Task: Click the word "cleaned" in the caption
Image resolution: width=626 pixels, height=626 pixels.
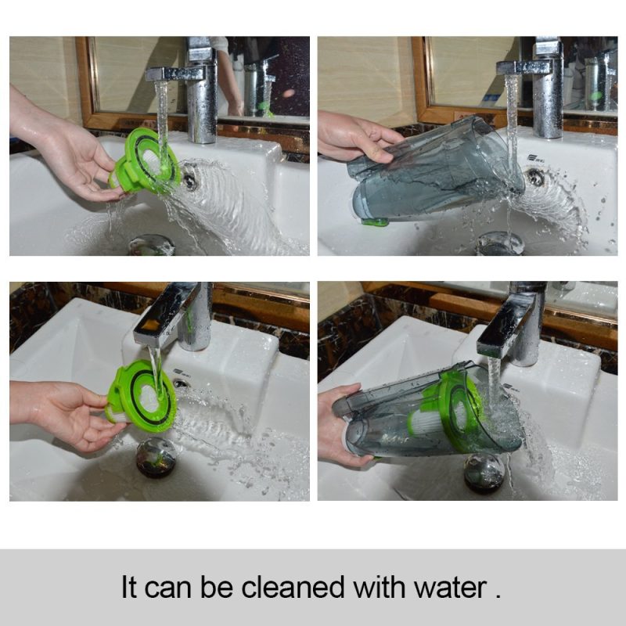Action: tap(293, 588)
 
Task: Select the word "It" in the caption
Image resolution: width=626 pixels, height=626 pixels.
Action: tap(129, 588)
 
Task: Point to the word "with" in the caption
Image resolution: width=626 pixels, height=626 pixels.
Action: tap(379, 588)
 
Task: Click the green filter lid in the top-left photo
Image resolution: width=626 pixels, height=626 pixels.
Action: tap(145, 161)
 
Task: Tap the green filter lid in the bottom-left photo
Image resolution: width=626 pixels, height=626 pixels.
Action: tap(142, 396)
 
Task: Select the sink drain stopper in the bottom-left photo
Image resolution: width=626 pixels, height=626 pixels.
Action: tap(156, 456)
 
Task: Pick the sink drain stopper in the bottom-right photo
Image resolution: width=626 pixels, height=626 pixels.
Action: tap(484, 473)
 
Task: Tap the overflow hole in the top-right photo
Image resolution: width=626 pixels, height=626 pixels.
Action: tap(535, 177)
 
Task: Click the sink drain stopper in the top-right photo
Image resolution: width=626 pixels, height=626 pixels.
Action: tap(500, 243)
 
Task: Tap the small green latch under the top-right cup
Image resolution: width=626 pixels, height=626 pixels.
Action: tap(373, 221)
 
